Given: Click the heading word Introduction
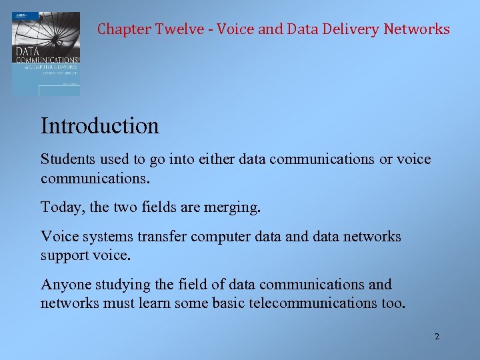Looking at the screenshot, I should [x=100, y=125].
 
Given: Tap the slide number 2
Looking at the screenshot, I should [x=437, y=337].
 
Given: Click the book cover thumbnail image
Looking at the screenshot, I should [x=45, y=53].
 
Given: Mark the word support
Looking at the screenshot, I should [x=65, y=255].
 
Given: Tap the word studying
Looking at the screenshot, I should [x=121, y=285].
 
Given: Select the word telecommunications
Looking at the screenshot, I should [x=325, y=303].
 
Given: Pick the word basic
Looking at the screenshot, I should [x=231, y=303].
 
